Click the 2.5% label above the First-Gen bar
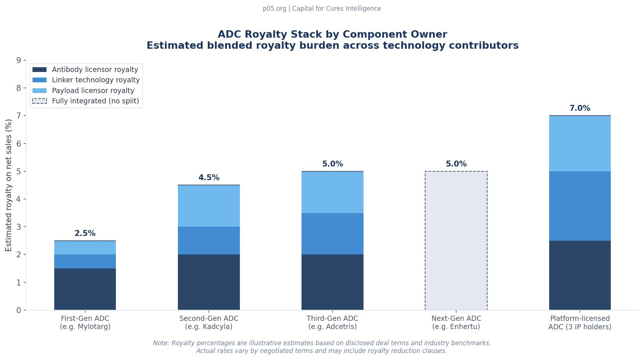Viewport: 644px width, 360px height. click(x=85, y=233)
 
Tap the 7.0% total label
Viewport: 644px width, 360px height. click(x=579, y=108)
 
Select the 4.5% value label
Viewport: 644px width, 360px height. click(x=209, y=178)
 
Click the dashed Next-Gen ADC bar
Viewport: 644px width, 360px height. click(x=456, y=240)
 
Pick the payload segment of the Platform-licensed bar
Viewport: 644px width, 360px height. click(x=579, y=144)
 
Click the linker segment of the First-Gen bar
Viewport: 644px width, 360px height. click(x=85, y=261)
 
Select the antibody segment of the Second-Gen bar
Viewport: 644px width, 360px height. click(x=209, y=282)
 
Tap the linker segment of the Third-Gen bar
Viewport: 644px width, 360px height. click(x=332, y=234)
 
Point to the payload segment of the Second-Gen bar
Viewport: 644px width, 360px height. click(x=209, y=206)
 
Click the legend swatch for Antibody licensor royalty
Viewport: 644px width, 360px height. click(x=39, y=69)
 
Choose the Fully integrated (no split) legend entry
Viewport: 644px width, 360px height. click(x=95, y=101)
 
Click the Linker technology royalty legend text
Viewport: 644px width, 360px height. click(x=96, y=80)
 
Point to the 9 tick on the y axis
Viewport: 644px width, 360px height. click(x=19, y=60)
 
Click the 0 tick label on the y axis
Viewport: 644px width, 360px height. click(x=19, y=310)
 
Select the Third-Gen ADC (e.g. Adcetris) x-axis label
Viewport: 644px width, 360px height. click(x=332, y=323)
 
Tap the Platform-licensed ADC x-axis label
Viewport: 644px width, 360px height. click(x=579, y=323)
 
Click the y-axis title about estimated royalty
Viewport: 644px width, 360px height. click(x=9, y=185)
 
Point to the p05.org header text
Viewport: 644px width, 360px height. click(x=322, y=8)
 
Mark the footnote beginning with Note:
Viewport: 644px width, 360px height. click(x=322, y=347)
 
